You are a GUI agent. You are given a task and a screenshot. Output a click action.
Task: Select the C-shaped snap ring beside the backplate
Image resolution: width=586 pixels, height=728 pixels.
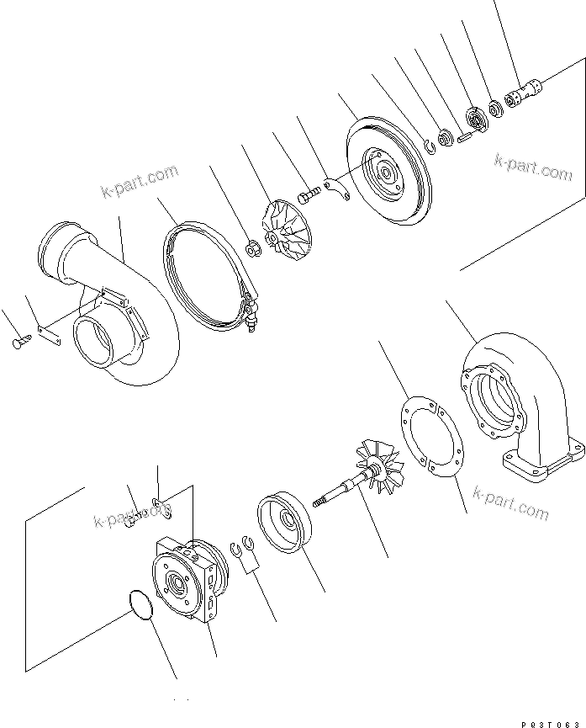click(430, 146)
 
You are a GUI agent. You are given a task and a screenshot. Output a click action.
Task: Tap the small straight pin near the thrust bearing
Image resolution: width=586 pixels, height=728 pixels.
click(465, 136)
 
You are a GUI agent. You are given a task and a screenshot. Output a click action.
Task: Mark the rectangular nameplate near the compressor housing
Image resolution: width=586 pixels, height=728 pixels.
click(50, 332)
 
